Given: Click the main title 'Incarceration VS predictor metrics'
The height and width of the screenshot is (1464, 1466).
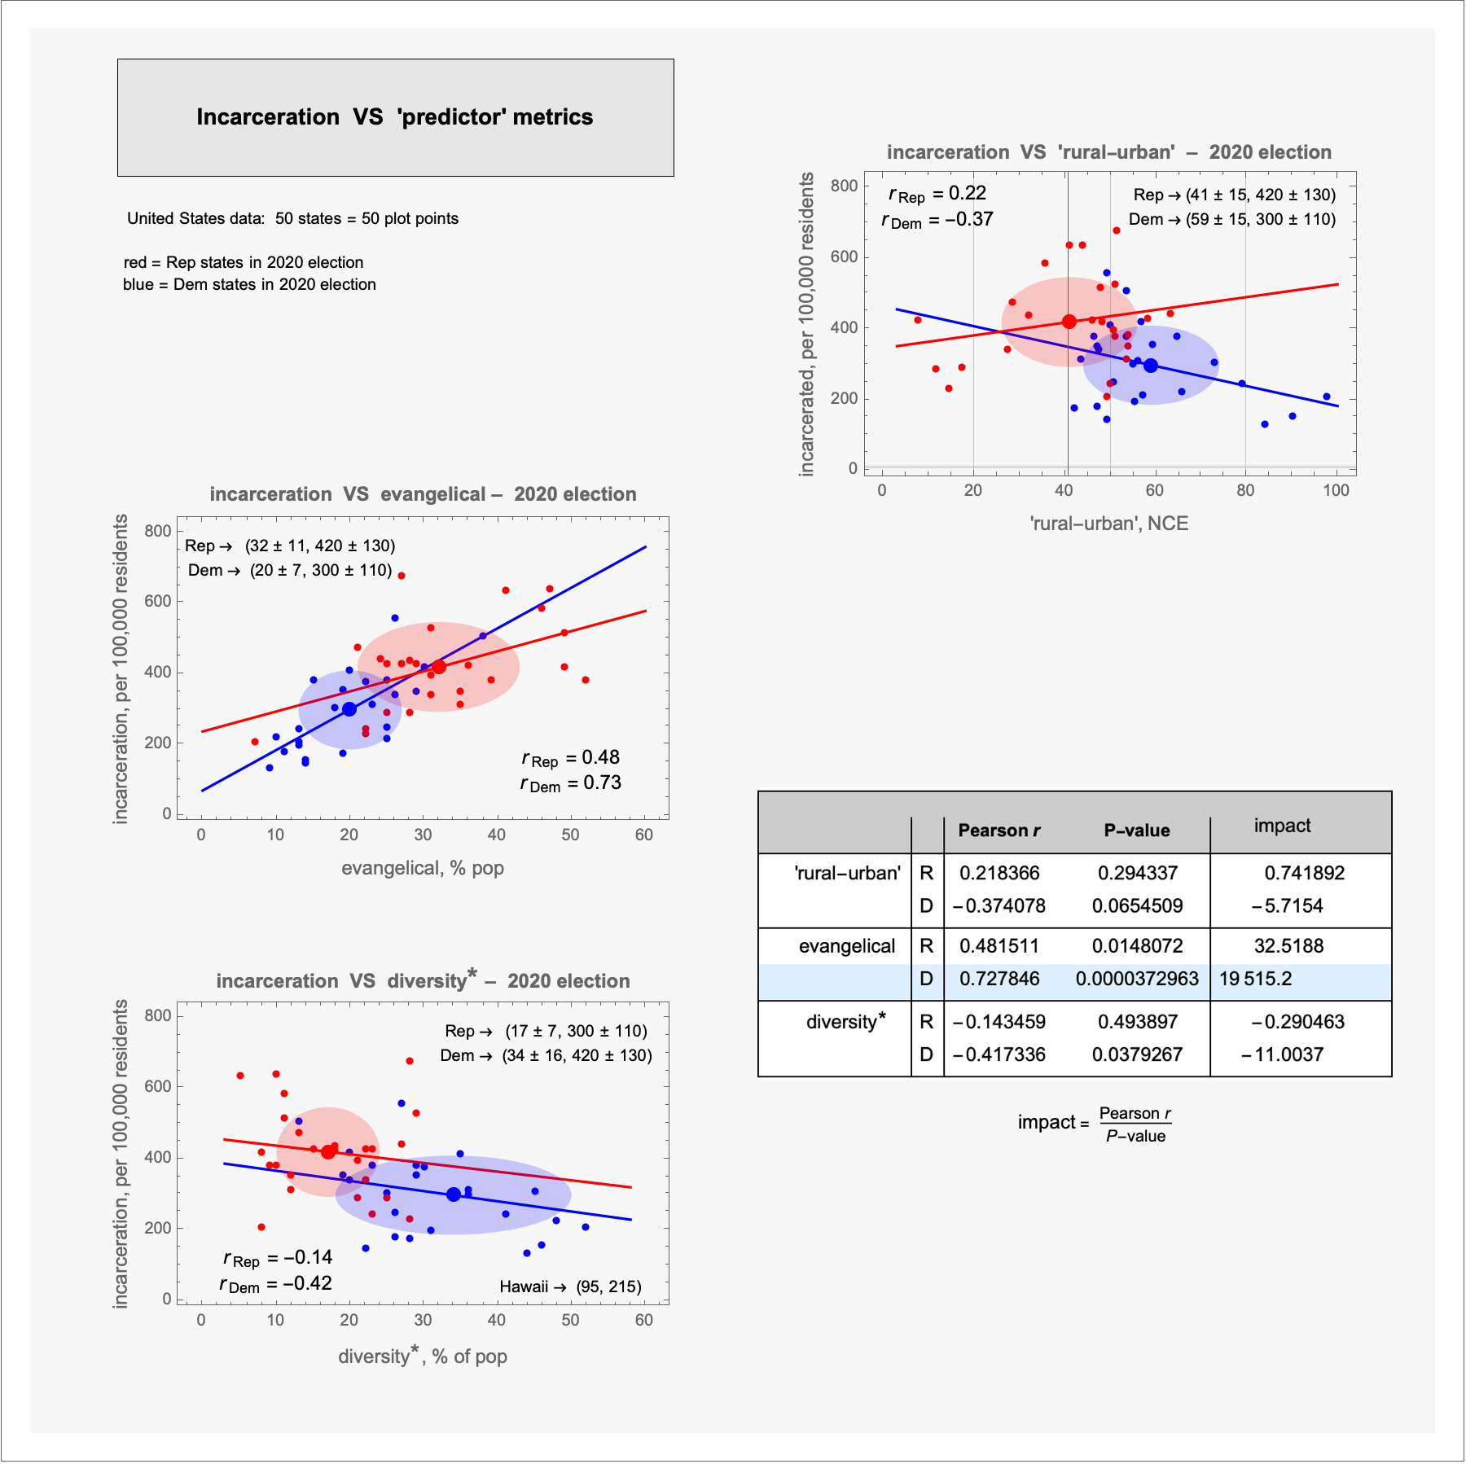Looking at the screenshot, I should point(395,117).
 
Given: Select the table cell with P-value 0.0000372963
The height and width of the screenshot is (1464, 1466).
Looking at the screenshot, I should point(1137,979).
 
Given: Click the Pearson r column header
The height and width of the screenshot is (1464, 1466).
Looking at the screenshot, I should point(999,831).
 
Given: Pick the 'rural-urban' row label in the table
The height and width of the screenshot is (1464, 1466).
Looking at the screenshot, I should point(847,874).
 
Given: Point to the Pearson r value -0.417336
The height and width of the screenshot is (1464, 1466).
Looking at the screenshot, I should point(999,1054).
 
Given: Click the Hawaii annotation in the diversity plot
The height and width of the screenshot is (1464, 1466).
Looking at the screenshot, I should point(570,1286).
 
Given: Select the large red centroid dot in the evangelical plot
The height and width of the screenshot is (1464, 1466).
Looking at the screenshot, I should point(439,667).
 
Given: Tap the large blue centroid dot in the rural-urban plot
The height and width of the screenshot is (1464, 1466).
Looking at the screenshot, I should point(1150,366).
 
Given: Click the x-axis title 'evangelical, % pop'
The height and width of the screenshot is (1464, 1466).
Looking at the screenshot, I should point(423,868).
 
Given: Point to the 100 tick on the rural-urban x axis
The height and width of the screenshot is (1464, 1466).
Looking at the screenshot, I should point(1336,490).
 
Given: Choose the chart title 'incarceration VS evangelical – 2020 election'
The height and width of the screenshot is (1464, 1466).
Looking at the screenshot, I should point(423,494).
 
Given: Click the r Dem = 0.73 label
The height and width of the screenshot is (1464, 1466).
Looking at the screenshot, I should point(571,783).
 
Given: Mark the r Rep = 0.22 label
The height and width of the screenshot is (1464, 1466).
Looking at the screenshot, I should point(937,194).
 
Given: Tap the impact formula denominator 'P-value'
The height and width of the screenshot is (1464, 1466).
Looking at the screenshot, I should point(1135,1136).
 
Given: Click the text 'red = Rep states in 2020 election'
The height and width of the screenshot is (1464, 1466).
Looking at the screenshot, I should point(244,262).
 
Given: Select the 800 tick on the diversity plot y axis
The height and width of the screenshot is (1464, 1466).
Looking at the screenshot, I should point(158,1015).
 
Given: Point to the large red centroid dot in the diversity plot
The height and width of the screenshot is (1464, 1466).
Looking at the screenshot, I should point(328,1151).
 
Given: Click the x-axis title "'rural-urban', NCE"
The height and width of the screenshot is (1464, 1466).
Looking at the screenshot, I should point(1109,524).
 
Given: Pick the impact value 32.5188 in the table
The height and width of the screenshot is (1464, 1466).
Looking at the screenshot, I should point(1288,946).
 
